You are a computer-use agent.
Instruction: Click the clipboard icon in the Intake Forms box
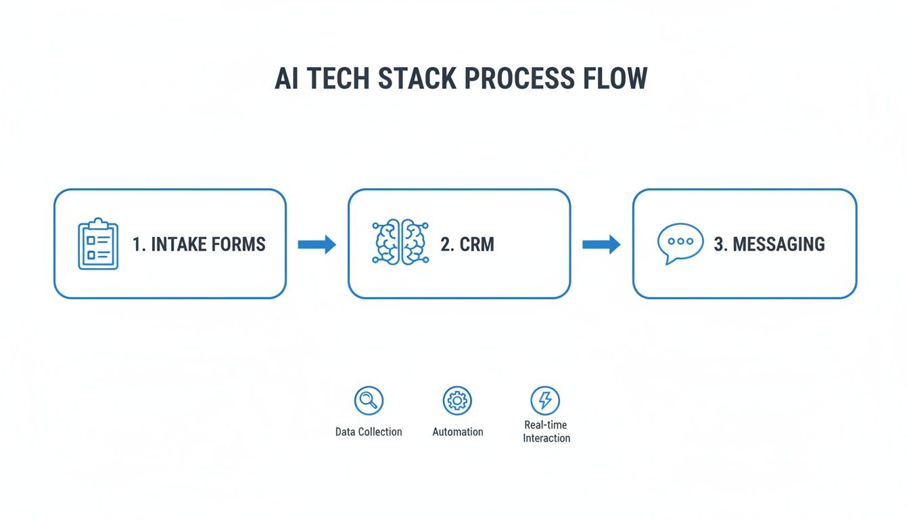point(98,244)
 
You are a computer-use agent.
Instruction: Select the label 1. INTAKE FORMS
point(199,244)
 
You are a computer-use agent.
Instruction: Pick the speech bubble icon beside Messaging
point(680,243)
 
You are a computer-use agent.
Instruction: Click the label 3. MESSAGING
point(769,244)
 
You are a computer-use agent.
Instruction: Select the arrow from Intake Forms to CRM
point(317,244)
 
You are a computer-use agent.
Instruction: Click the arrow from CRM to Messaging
point(601,244)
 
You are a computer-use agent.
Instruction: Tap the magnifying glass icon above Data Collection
point(369,401)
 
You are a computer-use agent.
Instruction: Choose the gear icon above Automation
point(457,401)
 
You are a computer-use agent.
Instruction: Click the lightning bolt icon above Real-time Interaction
point(545,401)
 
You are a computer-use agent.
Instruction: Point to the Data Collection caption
point(369,432)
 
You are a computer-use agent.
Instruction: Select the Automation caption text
point(458,432)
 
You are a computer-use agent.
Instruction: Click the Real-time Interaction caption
point(546,431)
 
